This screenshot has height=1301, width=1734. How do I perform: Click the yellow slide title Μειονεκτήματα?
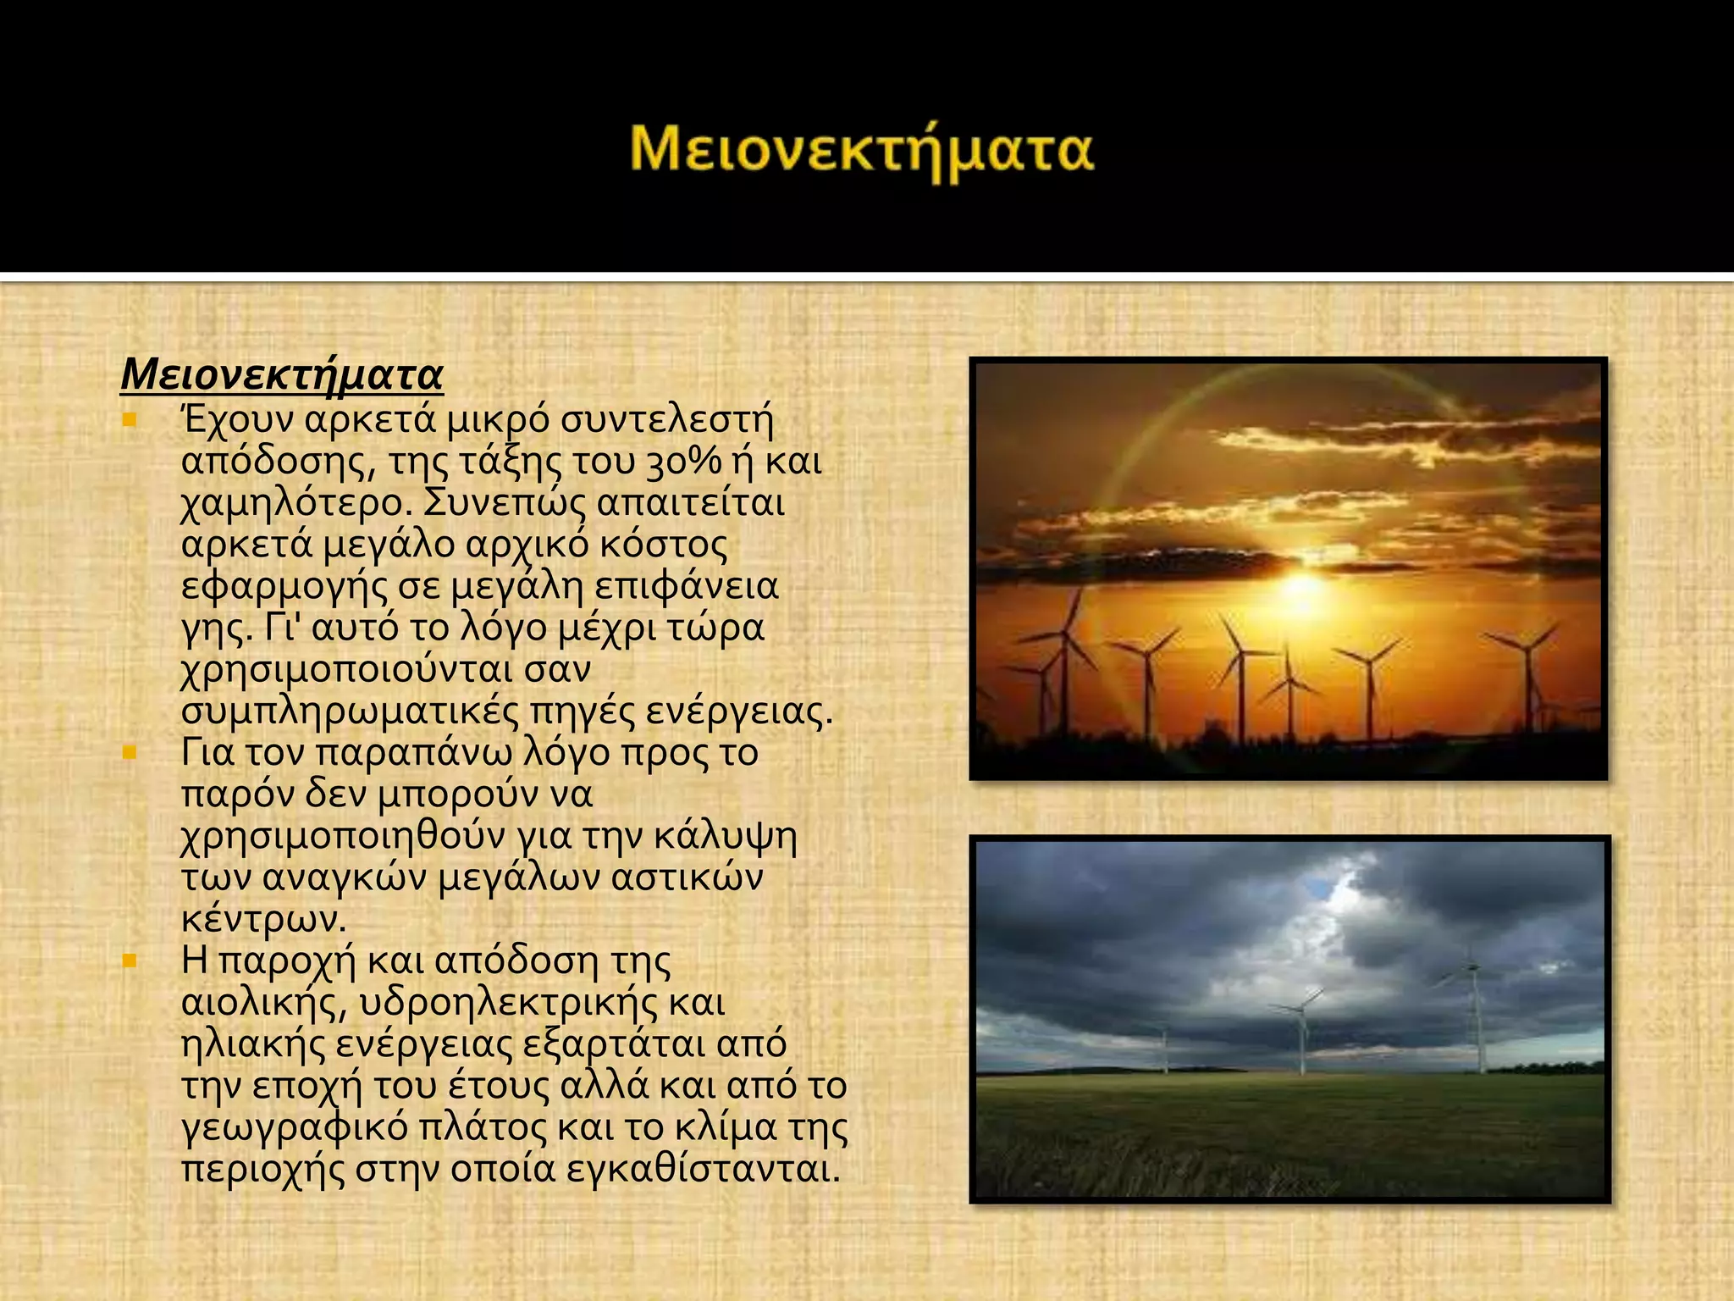(x=862, y=151)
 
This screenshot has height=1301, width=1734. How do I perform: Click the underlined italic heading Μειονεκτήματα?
(x=282, y=375)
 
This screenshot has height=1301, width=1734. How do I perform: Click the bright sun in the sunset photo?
(x=1301, y=586)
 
